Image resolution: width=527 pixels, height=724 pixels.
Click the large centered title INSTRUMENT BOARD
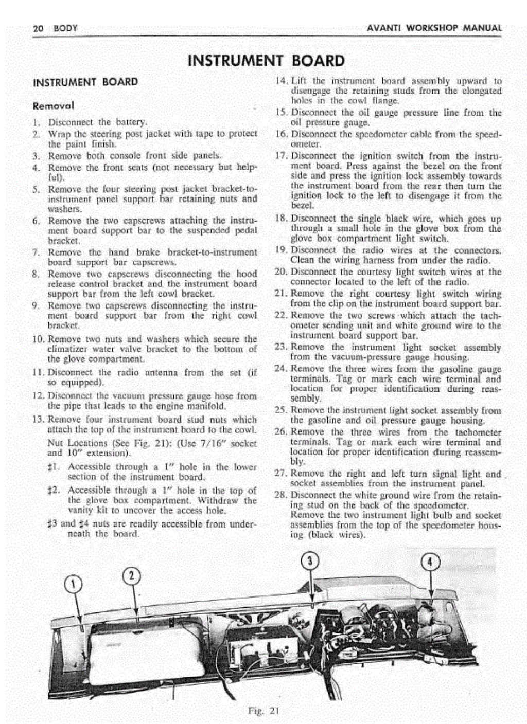click(x=266, y=61)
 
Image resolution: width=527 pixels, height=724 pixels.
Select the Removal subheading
click(x=53, y=106)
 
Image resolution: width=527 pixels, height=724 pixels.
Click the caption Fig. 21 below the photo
click(x=263, y=711)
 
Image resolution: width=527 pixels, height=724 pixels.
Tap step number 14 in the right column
click(x=280, y=81)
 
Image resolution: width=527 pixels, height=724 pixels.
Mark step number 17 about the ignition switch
click(x=280, y=156)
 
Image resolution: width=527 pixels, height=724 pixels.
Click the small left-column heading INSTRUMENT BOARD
click(x=85, y=82)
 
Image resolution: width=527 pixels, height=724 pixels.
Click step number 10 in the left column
click(x=38, y=339)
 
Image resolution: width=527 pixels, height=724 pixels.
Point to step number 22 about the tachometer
click(x=280, y=315)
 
